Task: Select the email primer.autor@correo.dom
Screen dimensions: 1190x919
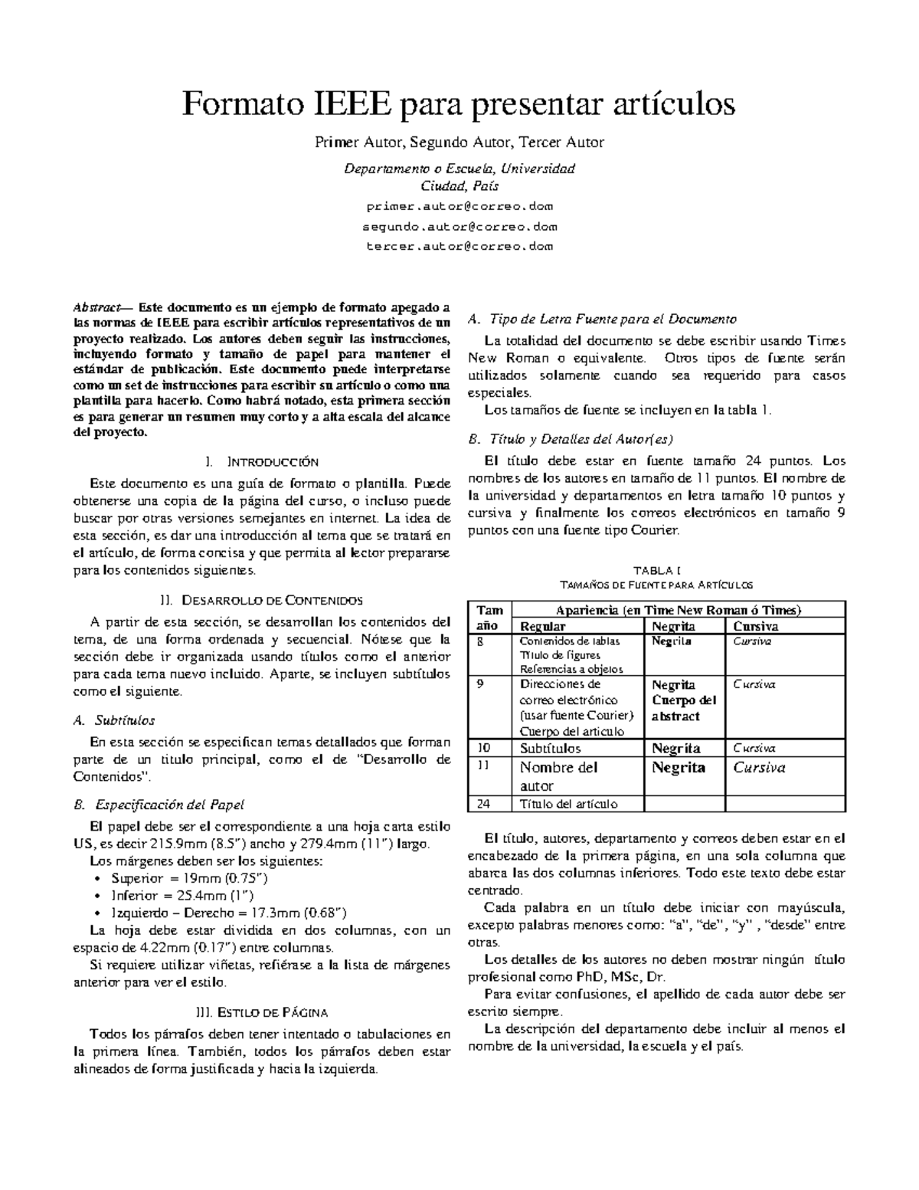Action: tap(459, 206)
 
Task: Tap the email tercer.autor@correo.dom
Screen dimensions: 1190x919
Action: tap(459, 246)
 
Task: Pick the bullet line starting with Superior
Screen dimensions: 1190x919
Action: tap(189, 878)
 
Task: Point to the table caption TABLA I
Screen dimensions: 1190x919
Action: tap(657, 570)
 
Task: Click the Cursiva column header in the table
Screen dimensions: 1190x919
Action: tap(757, 626)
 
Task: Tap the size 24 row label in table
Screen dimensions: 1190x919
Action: tap(483, 803)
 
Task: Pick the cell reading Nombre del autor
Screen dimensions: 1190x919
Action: tap(558, 776)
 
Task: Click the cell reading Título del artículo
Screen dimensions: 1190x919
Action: tap(569, 803)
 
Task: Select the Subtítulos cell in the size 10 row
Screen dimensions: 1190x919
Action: tap(550, 748)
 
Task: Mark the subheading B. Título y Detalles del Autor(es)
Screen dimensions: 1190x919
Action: tap(570, 439)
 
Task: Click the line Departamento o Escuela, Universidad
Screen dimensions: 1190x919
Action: tap(459, 168)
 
